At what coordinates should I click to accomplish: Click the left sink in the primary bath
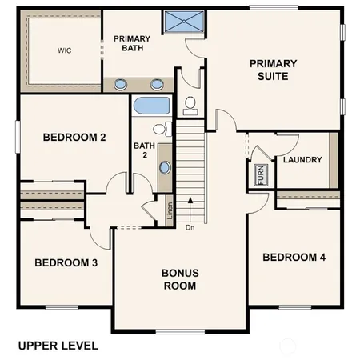coord(122,83)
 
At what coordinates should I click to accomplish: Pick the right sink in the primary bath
coord(157,83)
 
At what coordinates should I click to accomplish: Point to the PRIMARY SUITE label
coord(272,70)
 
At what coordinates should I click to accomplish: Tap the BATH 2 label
coord(143,150)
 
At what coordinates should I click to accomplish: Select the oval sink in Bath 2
coord(165,167)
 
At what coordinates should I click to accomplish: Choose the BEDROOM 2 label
coord(74,137)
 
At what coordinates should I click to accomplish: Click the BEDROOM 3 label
coord(66,262)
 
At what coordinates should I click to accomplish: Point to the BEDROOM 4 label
coord(294,257)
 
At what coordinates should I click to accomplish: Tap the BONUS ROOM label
coord(181,278)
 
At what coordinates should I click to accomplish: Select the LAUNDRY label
coord(302,160)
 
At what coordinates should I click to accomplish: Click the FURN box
coord(260,175)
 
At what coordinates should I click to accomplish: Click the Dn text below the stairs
coord(190,228)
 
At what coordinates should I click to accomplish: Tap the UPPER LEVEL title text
coord(58,346)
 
